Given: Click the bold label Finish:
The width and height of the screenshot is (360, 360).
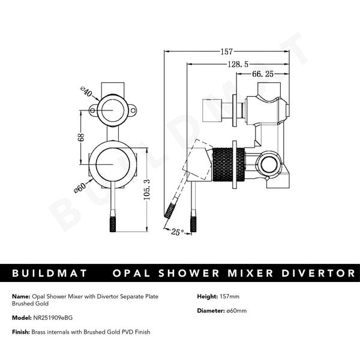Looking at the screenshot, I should pyautogui.click(x=21, y=332).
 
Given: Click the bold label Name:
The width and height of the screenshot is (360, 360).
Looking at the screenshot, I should pyautogui.click(x=20, y=296).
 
